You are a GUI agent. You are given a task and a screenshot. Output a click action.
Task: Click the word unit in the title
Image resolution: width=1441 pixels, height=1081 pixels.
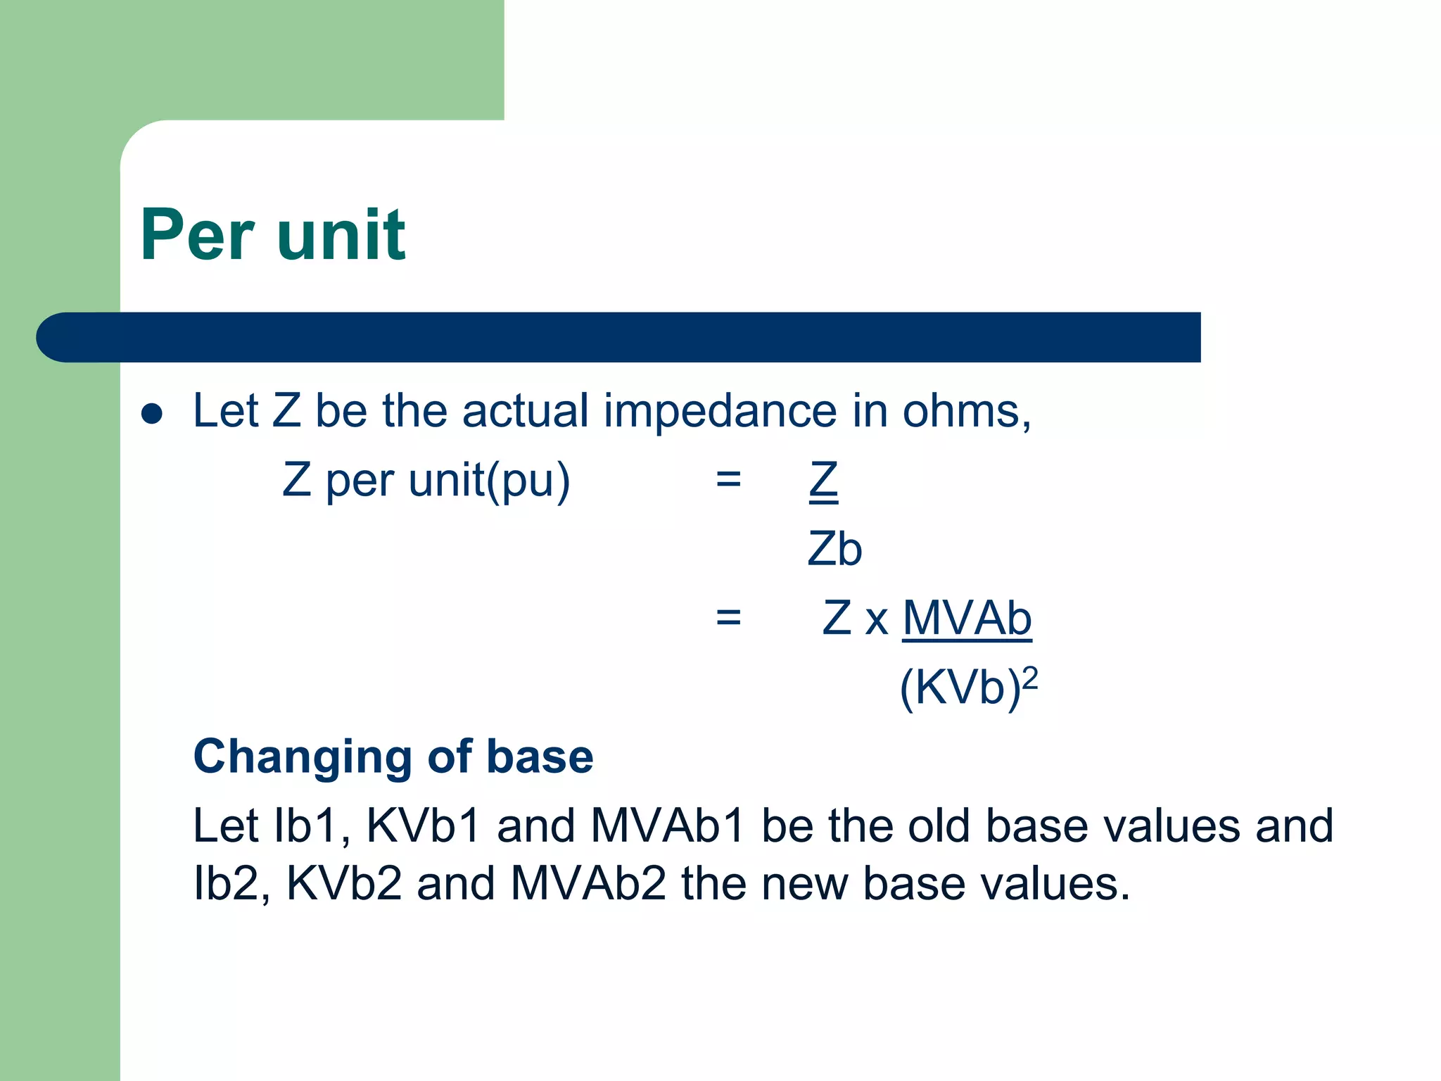coord(341,236)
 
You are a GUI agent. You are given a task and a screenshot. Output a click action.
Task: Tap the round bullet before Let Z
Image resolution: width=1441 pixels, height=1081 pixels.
coord(152,414)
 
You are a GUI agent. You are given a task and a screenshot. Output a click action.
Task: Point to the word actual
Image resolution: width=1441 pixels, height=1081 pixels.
coord(525,411)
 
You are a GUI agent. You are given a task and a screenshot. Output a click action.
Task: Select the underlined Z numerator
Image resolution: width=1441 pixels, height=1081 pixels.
coord(823,481)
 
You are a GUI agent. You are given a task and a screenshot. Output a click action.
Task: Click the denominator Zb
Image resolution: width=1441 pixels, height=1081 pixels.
coord(834,550)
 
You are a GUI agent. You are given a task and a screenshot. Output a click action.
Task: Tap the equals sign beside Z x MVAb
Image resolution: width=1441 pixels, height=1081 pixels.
coord(728,618)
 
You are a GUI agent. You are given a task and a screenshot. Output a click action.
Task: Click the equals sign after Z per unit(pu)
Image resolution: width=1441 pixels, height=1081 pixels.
coord(728,480)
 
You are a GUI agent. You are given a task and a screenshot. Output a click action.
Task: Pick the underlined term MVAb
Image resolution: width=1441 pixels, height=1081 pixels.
coord(967,619)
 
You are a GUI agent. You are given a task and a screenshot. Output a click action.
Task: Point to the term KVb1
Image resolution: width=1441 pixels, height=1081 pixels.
coord(424,826)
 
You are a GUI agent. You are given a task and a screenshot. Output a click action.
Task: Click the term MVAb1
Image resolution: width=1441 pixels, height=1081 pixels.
coord(668,826)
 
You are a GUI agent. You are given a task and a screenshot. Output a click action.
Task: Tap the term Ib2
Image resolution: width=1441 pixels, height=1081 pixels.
coord(226,884)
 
